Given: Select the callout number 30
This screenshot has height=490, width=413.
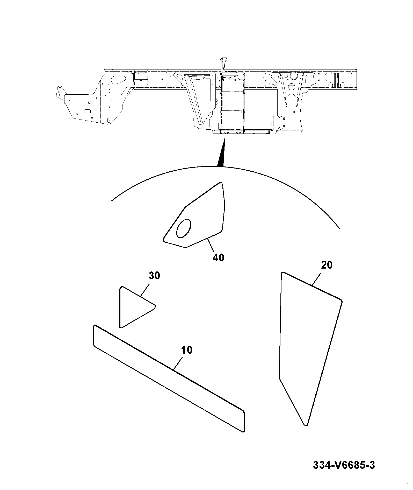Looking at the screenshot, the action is point(154,275).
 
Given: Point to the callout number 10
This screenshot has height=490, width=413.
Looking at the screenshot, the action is point(186,350).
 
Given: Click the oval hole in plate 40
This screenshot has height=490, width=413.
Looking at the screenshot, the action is point(184,228).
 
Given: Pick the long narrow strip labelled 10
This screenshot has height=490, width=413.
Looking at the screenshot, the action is point(169,378).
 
